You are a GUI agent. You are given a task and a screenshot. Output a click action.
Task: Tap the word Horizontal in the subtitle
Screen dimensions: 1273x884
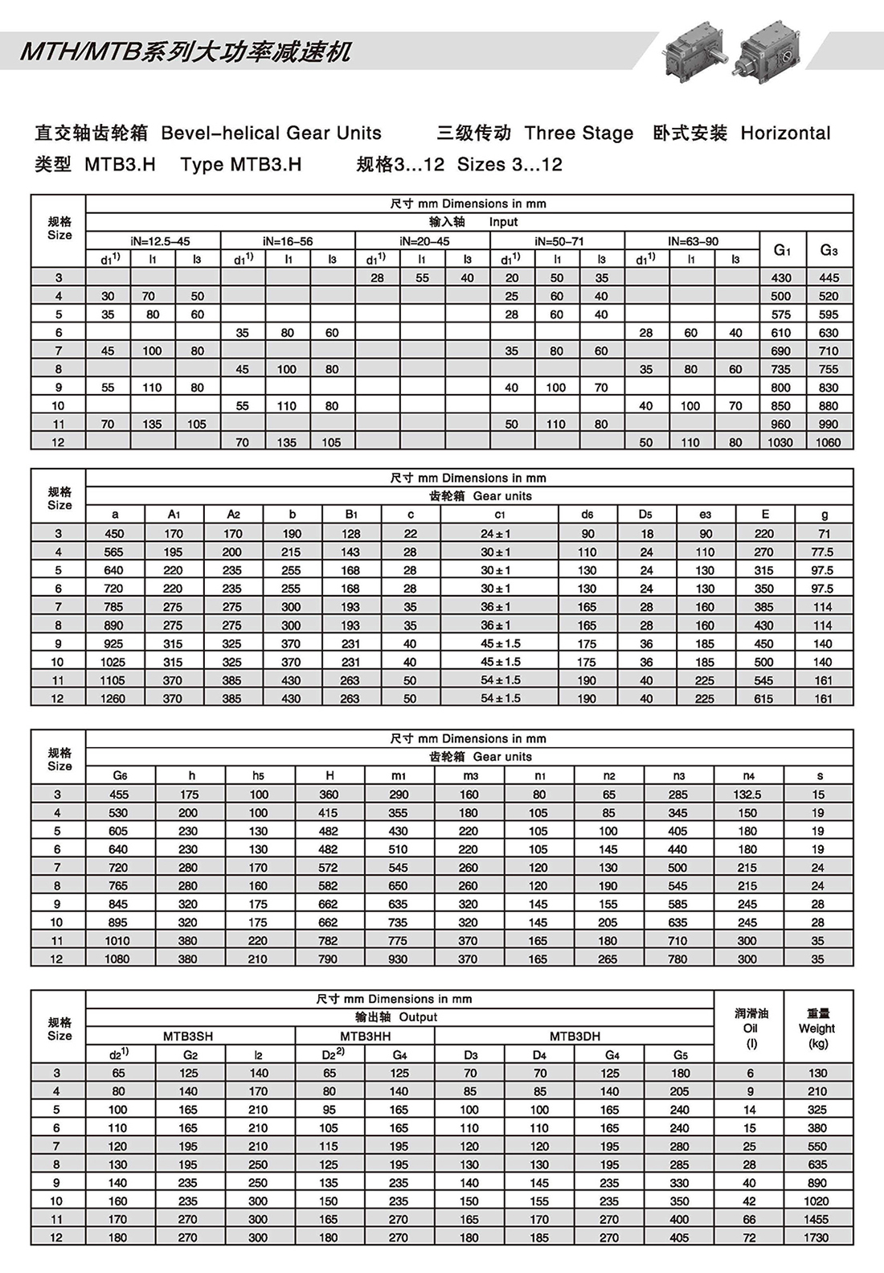(x=785, y=133)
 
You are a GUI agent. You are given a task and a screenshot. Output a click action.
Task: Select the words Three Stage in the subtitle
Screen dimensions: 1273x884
(x=579, y=133)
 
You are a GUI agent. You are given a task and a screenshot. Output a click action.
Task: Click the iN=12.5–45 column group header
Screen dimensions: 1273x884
(x=153, y=241)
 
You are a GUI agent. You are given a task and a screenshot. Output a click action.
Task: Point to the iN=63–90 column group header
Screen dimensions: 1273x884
(x=692, y=241)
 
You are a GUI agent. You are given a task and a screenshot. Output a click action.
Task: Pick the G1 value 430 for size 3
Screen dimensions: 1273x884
(x=780, y=277)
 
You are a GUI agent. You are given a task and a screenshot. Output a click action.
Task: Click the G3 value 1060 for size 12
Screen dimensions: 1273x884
(x=828, y=442)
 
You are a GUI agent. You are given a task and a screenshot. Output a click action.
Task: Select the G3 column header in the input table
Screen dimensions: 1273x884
(x=829, y=250)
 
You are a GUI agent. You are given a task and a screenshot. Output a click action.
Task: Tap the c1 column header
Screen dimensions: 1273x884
(x=500, y=515)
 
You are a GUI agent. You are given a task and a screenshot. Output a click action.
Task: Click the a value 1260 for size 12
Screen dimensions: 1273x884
(x=113, y=699)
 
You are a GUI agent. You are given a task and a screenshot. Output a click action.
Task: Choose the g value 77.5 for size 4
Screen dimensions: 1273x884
(x=822, y=552)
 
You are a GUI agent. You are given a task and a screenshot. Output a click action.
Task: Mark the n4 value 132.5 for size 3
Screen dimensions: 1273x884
(x=747, y=795)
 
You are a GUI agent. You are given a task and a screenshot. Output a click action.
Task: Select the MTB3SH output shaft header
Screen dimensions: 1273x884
(x=188, y=1037)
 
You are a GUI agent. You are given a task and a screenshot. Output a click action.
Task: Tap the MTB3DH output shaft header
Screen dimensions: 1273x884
(x=575, y=1037)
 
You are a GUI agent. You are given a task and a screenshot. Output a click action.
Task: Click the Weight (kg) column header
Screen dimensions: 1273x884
(x=817, y=1029)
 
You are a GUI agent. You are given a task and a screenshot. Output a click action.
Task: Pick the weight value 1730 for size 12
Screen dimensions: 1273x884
(x=816, y=1238)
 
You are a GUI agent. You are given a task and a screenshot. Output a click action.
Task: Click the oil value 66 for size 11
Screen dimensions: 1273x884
(x=750, y=1219)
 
